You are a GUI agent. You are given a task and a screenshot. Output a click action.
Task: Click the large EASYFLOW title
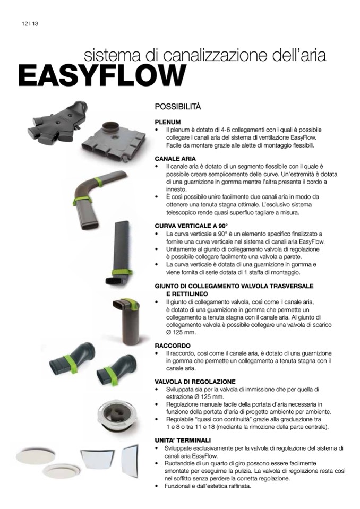(x=102, y=75)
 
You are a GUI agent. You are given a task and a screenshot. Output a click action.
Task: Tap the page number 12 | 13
(x=30, y=24)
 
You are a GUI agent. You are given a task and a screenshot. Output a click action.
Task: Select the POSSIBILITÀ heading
(x=178, y=107)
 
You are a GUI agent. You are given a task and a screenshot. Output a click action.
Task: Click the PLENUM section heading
(x=168, y=122)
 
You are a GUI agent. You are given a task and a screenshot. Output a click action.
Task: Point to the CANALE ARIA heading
(x=175, y=159)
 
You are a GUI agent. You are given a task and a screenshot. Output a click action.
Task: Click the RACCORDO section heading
(x=173, y=346)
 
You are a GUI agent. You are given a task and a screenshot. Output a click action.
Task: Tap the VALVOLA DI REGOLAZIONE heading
(x=195, y=382)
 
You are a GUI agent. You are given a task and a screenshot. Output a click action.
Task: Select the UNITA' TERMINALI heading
(x=183, y=441)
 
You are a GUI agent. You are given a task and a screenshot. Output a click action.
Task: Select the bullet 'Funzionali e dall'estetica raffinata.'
(x=208, y=486)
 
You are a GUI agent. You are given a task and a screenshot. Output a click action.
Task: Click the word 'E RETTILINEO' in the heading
(x=187, y=294)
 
